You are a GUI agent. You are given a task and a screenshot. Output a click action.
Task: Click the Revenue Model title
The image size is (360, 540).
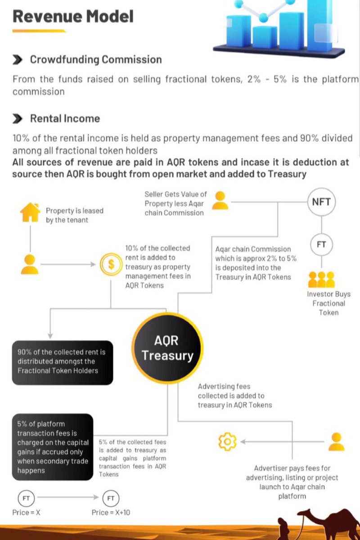click(73, 17)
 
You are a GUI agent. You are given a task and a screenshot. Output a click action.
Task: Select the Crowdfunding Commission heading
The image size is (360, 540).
click(95, 59)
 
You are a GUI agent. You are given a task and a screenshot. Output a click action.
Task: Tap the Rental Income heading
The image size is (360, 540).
click(65, 118)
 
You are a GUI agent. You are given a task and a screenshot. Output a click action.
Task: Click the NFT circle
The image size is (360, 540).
click(321, 202)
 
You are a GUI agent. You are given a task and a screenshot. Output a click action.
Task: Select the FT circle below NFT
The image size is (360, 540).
click(321, 245)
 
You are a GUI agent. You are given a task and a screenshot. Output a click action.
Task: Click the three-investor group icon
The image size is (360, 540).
click(321, 279)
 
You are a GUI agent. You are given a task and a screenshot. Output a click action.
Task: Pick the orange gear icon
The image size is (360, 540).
click(227, 441)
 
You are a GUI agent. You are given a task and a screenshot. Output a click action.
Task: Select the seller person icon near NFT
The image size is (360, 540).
click(220, 201)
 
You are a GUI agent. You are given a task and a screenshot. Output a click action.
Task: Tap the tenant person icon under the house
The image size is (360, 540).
click(30, 265)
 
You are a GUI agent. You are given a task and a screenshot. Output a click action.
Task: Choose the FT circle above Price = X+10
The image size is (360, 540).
click(111, 498)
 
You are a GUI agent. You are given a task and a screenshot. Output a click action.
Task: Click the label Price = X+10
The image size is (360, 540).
click(111, 513)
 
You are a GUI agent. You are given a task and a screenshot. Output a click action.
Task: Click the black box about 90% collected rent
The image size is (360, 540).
click(62, 362)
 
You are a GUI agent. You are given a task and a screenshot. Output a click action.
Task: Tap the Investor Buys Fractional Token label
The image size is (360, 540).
click(328, 303)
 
